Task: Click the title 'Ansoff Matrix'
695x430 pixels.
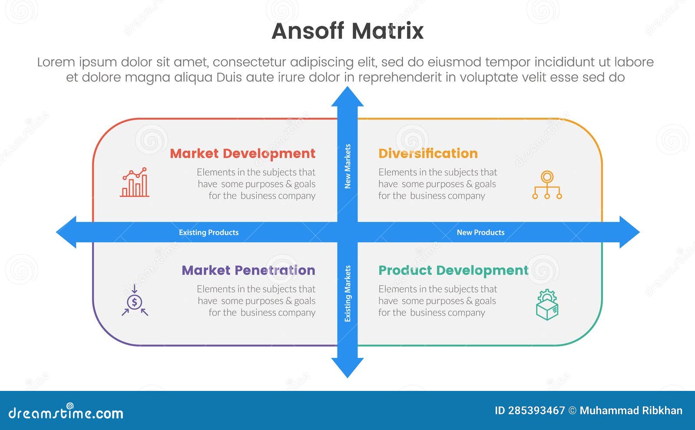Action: [347, 31]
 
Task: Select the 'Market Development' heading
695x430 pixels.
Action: [242, 153]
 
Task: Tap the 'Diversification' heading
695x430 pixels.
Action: [428, 153]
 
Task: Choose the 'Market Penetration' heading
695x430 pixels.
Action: [248, 270]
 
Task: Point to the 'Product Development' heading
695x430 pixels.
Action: [453, 270]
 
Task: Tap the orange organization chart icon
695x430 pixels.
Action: [547, 185]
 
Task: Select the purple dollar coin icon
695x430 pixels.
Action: [135, 301]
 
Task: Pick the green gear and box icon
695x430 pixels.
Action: [547, 305]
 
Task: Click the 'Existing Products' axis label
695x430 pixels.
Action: [208, 232]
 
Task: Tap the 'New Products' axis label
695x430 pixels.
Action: [480, 232]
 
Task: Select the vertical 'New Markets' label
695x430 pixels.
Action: [347, 166]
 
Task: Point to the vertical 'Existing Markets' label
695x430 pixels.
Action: [347, 294]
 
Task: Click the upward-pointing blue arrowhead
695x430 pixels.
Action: [347, 96]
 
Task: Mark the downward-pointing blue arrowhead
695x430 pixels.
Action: [347, 367]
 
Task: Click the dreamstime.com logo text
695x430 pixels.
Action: [66, 413]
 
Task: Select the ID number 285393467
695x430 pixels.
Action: [536, 410]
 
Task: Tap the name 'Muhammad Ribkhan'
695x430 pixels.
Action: [631, 410]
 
